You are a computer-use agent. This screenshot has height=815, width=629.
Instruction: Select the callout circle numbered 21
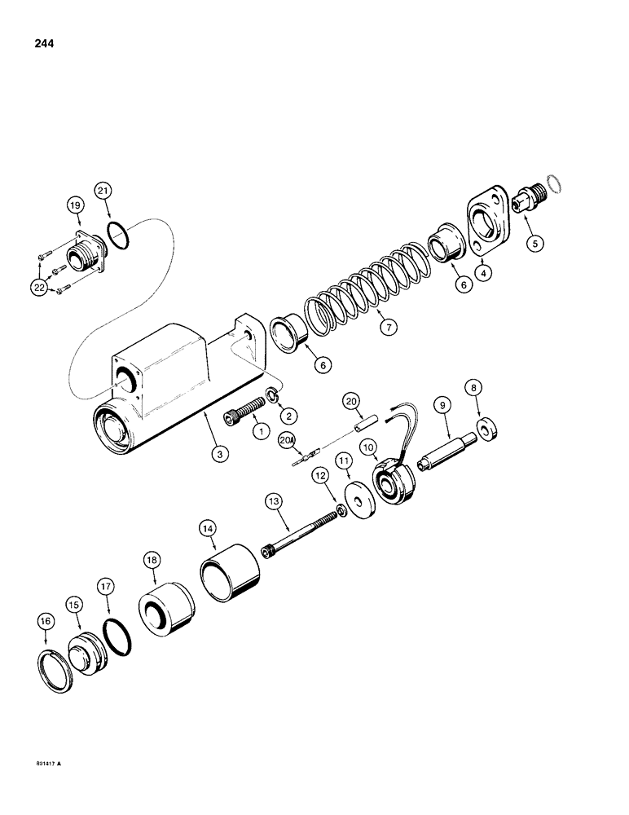103,192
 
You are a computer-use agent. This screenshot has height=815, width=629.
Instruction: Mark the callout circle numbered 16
46,621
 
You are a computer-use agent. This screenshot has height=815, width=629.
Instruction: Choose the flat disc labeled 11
357,500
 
